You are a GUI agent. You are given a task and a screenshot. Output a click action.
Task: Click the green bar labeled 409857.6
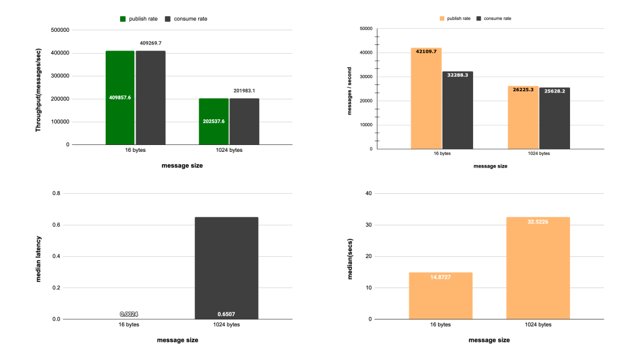tap(120, 97)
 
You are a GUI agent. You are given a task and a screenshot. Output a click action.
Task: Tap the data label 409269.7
tap(151, 43)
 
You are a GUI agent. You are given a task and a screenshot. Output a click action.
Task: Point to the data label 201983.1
tap(244, 91)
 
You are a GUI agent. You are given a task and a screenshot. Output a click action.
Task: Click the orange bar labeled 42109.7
tap(426, 98)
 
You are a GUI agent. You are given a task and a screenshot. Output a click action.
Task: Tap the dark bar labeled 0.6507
tap(226, 268)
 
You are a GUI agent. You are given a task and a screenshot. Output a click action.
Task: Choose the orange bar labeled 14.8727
tap(441, 296)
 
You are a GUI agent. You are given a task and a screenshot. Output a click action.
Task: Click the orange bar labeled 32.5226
tap(538, 268)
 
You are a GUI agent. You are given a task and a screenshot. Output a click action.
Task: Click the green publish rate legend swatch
tap(123, 19)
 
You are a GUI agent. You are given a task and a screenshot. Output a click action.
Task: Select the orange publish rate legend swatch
tap(442, 19)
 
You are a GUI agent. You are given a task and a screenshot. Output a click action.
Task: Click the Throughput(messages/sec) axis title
tap(38, 87)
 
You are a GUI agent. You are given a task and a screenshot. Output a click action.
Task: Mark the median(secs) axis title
tap(350, 256)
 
